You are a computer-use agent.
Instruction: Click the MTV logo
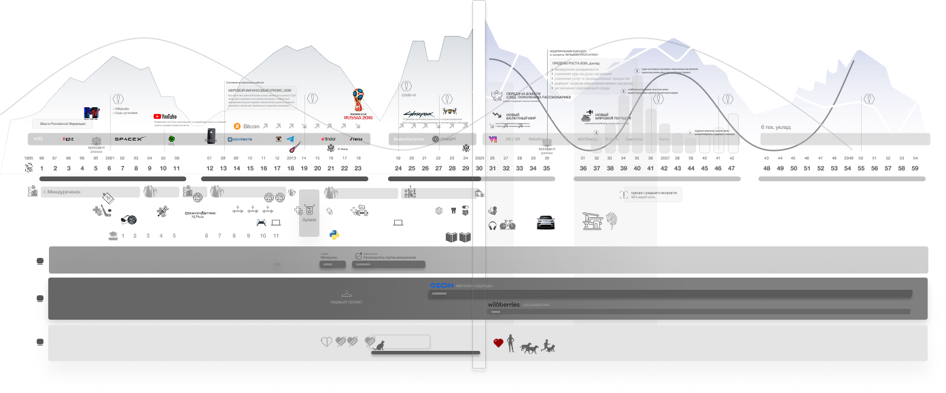[92, 113]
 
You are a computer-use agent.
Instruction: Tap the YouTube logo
[165, 117]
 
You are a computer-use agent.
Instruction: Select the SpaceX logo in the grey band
[130, 139]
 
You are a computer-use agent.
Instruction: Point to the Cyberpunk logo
[417, 114]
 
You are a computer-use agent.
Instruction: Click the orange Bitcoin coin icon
[237, 126]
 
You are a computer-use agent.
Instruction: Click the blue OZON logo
[442, 286]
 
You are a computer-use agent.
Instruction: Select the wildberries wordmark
[504, 305]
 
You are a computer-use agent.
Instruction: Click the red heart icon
[498, 343]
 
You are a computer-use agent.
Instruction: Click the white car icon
[546, 221]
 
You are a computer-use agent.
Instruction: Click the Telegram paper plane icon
[290, 138]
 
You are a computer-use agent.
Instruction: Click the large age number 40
[637, 168]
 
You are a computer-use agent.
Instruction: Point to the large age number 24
[398, 168]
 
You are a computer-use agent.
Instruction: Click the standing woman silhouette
[510, 343]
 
